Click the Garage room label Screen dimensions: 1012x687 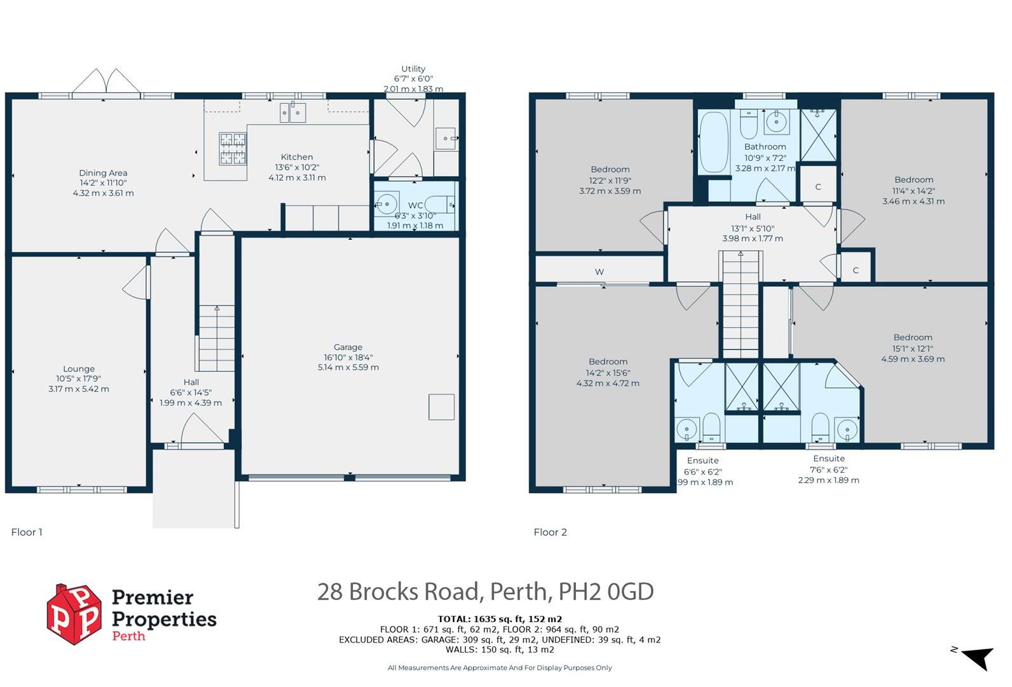coord(348,347)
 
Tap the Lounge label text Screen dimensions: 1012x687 coord(79,369)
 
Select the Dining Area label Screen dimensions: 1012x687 coord(103,173)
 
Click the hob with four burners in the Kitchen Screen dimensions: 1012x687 coord(233,148)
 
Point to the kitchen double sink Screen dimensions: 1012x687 coord(293,113)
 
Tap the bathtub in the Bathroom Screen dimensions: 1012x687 coord(714,142)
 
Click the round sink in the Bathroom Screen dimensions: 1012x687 coord(777,121)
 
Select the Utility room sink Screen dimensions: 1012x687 coord(446,139)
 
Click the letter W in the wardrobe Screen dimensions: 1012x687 coord(599,272)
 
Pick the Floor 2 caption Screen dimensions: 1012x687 coord(550,532)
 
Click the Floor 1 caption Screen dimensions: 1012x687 coord(27,532)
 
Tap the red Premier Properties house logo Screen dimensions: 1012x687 coord(74,614)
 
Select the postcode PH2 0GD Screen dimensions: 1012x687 coord(606,591)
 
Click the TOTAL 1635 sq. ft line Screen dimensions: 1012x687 coord(500,619)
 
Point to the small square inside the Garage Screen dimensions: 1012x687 coord(441,406)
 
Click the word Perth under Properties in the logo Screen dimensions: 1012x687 coord(129,636)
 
